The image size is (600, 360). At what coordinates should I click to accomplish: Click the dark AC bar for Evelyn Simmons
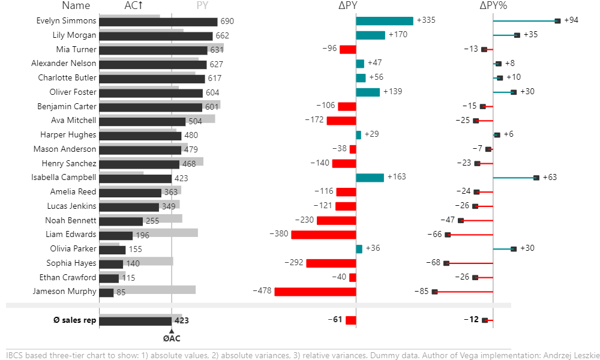coord(158,22)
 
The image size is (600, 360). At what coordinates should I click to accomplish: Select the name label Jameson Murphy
coord(65,292)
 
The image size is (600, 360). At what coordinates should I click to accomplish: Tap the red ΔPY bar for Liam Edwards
coord(323,235)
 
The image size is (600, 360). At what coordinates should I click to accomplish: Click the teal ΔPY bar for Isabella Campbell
coord(370,178)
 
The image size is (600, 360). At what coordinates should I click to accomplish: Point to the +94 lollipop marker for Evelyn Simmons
coord(557,21)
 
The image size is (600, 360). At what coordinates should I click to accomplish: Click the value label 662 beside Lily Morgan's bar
coord(223,36)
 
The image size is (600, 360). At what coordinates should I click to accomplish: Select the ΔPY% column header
coord(493,6)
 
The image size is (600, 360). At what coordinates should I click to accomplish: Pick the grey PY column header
coord(203,6)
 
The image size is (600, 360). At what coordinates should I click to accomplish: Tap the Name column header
coord(76,6)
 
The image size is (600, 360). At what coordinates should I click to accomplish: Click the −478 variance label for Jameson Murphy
coord(262,292)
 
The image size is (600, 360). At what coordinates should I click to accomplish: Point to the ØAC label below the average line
coord(172,338)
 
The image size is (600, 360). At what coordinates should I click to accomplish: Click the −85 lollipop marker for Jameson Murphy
coord(435,292)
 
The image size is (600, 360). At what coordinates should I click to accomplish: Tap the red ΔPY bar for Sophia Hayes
coord(331,263)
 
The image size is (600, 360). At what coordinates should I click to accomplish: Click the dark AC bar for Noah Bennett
coord(121,221)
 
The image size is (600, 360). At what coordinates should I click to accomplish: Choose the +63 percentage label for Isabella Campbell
coord(550,178)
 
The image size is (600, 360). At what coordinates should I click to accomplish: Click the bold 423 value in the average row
coord(182,320)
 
